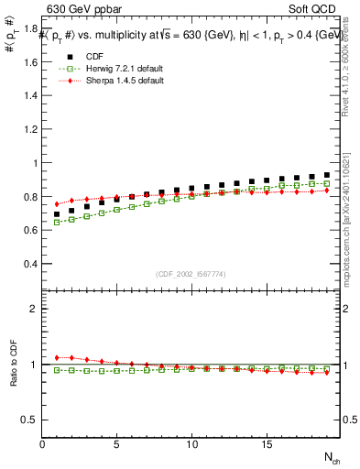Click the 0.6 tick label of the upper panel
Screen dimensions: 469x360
29,230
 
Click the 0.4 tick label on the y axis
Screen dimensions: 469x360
29,264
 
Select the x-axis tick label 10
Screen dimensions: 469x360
191,444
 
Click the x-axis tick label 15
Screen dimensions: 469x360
266,444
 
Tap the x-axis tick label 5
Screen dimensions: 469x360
116,444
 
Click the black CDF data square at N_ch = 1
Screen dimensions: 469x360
57,214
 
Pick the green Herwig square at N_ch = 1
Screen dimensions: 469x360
57,222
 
